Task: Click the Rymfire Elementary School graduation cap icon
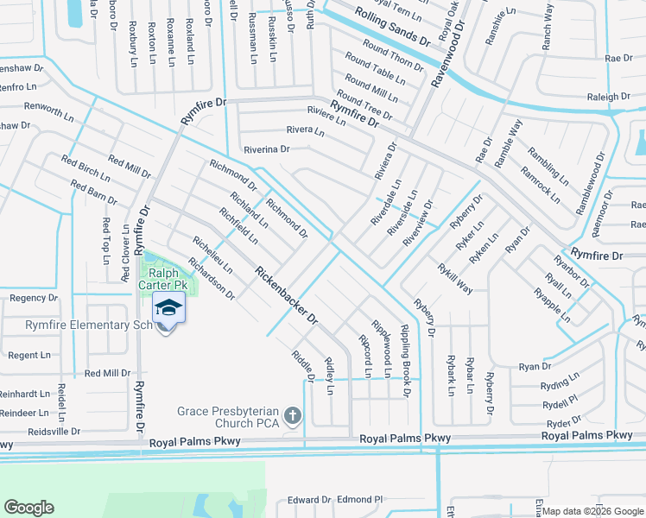168,308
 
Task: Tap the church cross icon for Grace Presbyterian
293,417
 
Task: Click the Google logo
28,508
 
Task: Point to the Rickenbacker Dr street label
287,296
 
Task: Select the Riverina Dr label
267,148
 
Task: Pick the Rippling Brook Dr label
404,361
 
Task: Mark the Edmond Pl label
359,500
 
